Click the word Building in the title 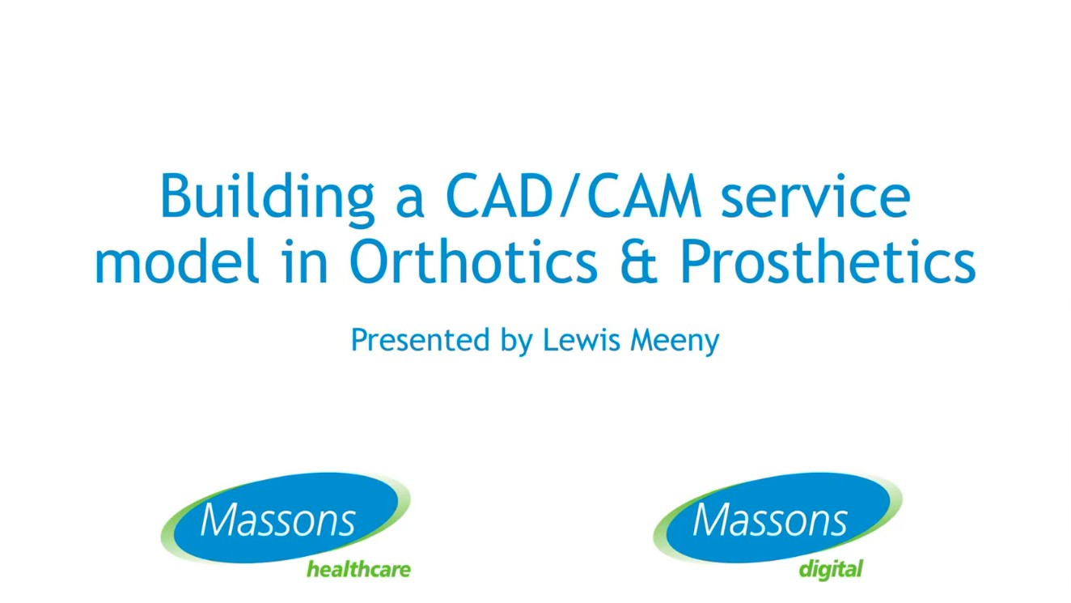(267, 197)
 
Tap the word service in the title (815, 197)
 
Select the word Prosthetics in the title (827, 262)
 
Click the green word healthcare (358, 570)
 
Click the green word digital (831, 570)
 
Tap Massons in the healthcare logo (277, 519)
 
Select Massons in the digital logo (770, 519)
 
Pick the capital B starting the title (176, 197)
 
